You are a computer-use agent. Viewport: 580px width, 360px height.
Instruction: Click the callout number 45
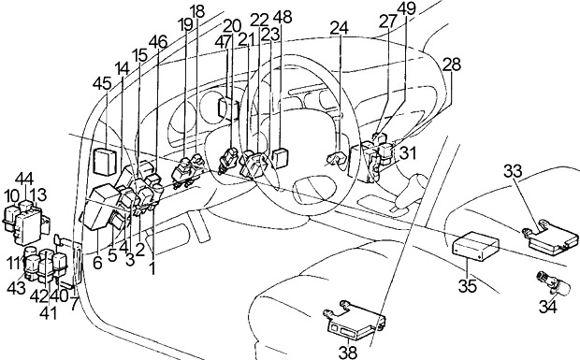click(102, 84)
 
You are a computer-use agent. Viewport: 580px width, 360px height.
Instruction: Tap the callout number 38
click(348, 353)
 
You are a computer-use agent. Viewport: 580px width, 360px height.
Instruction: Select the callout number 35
click(468, 286)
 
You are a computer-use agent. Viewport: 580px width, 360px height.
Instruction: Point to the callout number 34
click(547, 307)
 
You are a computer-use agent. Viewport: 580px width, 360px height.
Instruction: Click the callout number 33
click(513, 171)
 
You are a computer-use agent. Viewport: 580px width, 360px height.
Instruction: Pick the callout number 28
click(452, 65)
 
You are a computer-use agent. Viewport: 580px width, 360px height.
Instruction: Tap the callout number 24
click(340, 27)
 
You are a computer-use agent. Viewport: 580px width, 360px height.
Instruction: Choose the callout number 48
click(283, 17)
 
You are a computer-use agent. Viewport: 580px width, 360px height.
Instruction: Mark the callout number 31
click(408, 153)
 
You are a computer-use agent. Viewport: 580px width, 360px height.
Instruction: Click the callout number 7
click(75, 303)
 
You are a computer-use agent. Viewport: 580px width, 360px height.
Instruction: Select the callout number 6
click(97, 263)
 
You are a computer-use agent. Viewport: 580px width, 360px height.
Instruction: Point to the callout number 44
click(24, 179)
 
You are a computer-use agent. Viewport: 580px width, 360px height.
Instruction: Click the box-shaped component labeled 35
click(476, 246)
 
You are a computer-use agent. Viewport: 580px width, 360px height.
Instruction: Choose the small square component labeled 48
click(280, 158)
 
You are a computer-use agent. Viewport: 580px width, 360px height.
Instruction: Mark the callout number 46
click(158, 42)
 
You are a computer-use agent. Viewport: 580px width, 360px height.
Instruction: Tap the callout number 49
click(407, 8)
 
